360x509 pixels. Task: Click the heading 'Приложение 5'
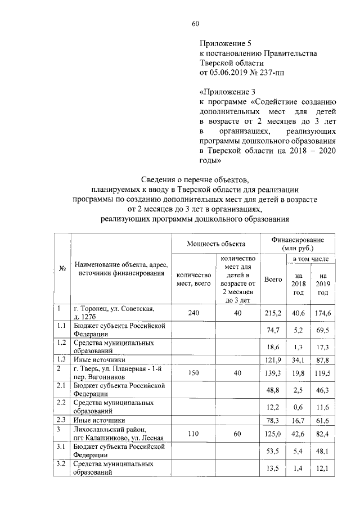click(224, 43)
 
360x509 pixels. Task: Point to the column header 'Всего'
click(273, 280)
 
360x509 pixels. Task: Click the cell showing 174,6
click(323, 313)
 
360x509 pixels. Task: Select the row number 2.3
click(61, 420)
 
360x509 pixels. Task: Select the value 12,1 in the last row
click(323, 468)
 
